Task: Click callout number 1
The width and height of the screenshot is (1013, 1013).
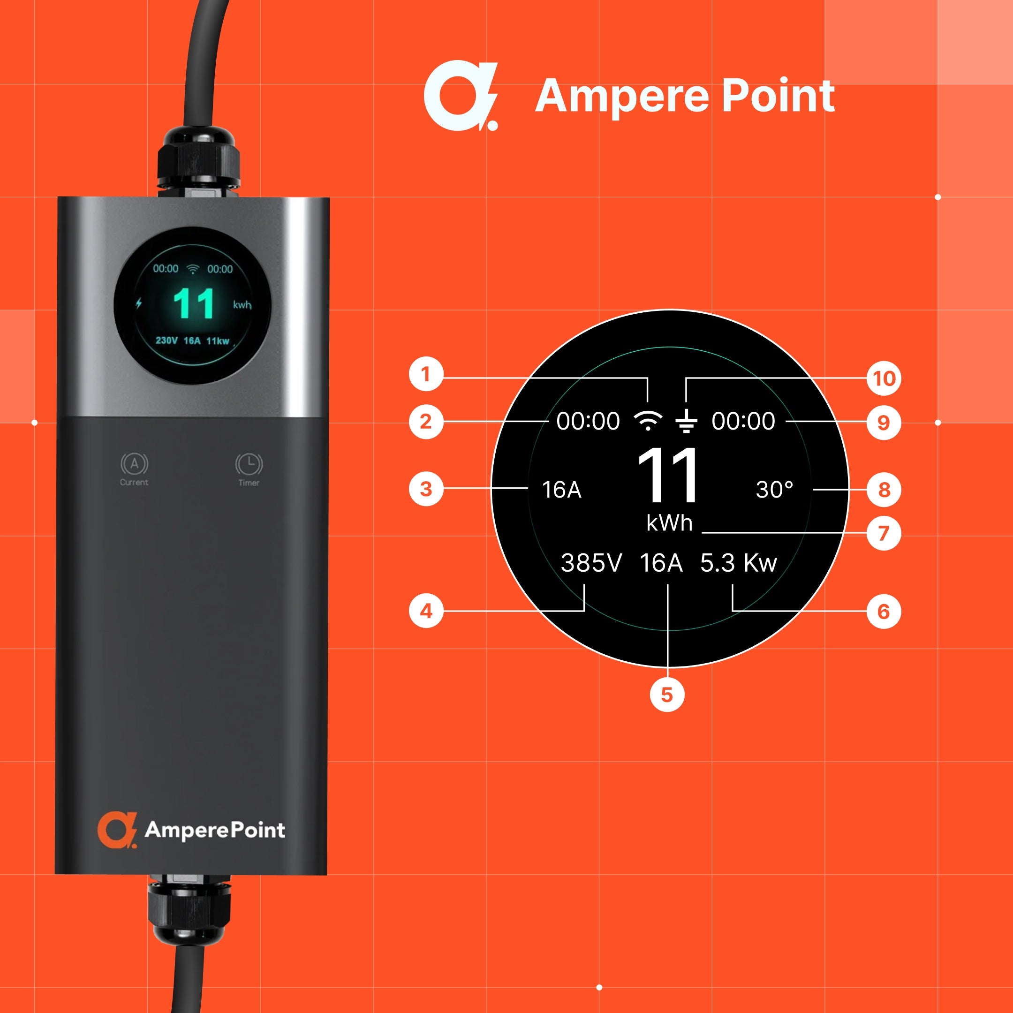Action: point(426,374)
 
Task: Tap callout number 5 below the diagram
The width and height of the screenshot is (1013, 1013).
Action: point(667,694)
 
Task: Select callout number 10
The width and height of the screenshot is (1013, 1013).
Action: point(884,378)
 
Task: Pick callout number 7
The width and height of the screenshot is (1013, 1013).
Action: point(884,533)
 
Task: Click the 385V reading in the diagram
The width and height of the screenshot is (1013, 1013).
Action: point(591,563)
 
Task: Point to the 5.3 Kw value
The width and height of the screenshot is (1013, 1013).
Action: point(738,563)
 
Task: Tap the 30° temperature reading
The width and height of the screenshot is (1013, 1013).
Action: point(774,489)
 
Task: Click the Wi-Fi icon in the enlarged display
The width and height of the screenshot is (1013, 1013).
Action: point(648,421)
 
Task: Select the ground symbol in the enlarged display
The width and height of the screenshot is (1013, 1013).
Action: point(686,421)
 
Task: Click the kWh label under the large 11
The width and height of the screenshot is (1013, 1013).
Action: point(670,523)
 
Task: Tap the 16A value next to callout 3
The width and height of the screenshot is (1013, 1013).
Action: point(561,490)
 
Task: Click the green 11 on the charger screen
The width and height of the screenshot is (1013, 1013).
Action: point(194,303)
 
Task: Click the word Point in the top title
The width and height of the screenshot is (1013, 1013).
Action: point(778,96)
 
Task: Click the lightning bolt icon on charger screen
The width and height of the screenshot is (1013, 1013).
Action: point(139,303)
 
